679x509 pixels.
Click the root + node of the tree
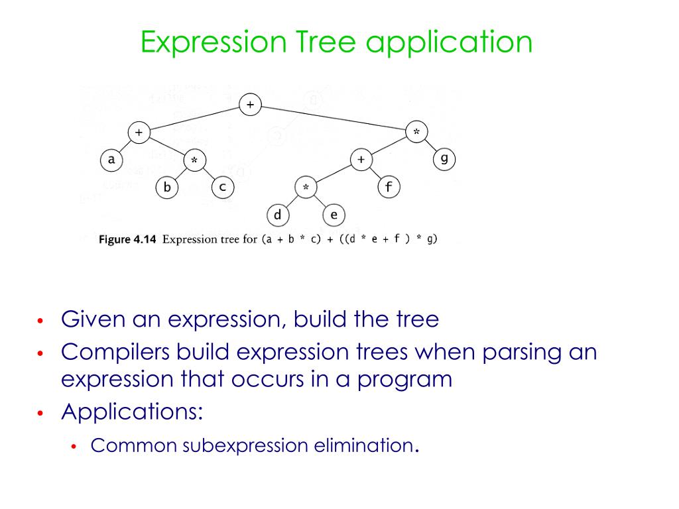pyautogui.click(x=250, y=105)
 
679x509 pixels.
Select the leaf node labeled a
pyautogui.click(x=111, y=160)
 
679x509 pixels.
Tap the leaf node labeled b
pyautogui.click(x=166, y=188)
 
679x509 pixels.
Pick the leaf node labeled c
pyautogui.click(x=222, y=188)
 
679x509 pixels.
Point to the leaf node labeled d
pyautogui.click(x=277, y=215)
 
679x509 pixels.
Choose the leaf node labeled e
pyautogui.click(x=334, y=215)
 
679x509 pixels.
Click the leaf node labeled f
pyautogui.click(x=389, y=188)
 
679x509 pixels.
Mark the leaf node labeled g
pyautogui.click(x=444, y=160)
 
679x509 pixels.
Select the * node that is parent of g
pyautogui.click(x=416, y=133)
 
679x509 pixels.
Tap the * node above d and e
pyautogui.click(x=306, y=188)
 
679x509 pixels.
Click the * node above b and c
pyautogui.click(x=194, y=160)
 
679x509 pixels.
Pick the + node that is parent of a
pyautogui.click(x=139, y=133)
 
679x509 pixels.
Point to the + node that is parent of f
pyautogui.click(x=361, y=160)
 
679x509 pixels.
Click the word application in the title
pyautogui.click(x=449, y=43)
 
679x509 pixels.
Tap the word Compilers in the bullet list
pyautogui.click(x=114, y=351)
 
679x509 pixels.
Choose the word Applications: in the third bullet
pyautogui.click(x=132, y=412)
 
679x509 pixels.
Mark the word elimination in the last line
pyautogui.click(x=362, y=445)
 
